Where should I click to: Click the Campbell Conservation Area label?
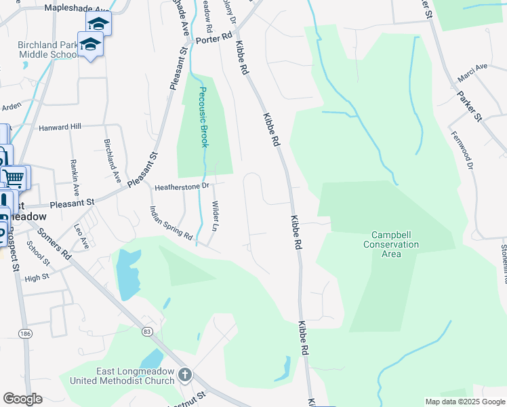(391, 244)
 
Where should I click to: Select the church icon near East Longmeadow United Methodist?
(184, 375)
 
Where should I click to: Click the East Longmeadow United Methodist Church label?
(135, 375)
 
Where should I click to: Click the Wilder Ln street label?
(215, 215)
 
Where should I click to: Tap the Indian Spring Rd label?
(171, 224)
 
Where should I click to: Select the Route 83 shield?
(147, 331)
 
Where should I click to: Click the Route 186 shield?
(26, 334)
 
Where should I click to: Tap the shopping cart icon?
(14, 178)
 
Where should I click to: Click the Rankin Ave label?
(75, 174)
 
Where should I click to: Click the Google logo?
(22, 399)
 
